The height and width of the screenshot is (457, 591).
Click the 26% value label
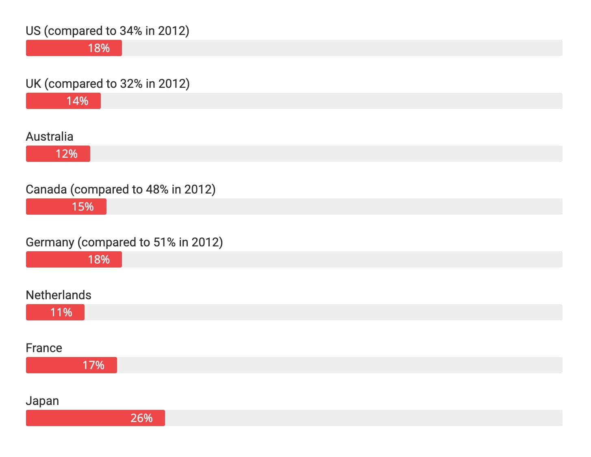pos(141,418)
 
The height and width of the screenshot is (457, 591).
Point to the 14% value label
pos(77,101)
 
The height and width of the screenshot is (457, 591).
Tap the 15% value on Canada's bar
pos(83,207)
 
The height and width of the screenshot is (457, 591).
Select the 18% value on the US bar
pos(99,48)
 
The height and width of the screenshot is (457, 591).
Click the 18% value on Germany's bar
pos(99,259)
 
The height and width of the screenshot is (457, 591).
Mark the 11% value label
pos(61,312)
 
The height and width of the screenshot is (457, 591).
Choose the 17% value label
pos(93,365)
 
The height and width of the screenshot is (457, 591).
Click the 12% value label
pos(66,154)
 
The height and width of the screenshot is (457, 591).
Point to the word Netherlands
pos(59,295)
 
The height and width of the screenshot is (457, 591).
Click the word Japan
pos(42,401)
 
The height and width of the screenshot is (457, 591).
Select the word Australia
pos(50,137)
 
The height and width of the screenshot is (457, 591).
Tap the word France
pos(44,348)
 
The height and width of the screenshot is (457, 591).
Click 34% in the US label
pos(130,31)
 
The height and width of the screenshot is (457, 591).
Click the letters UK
pos(33,84)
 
